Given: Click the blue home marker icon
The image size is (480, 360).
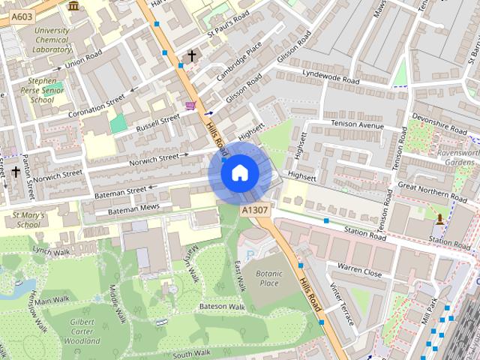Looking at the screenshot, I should pyautogui.click(x=239, y=173).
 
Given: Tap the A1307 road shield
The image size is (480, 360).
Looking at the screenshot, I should pyautogui.click(x=254, y=213).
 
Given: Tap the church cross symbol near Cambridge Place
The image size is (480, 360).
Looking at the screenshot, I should pyautogui.click(x=191, y=55).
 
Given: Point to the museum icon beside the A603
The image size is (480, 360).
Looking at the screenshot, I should pyautogui.click(x=73, y=6).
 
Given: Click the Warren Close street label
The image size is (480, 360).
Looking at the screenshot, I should pyautogui.click(x=359, y=267).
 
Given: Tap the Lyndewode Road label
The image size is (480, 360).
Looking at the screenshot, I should pyautogui.click(x=331, y=79).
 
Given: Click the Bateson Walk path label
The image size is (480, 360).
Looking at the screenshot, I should pyautogui.click(x=222, y=307).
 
